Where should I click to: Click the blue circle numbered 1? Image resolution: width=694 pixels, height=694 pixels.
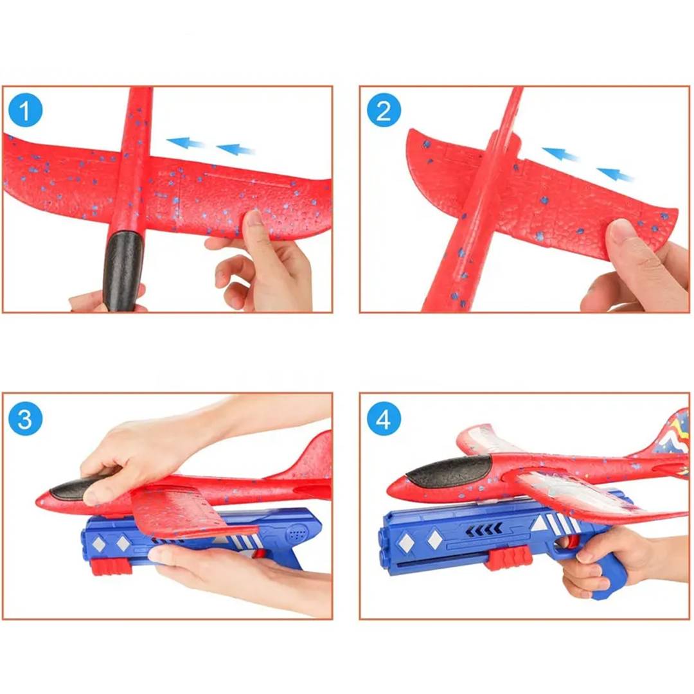coord(25,110)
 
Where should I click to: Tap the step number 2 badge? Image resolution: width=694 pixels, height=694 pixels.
coord(384,111)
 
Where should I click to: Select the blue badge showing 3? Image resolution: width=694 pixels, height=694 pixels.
coord(25,418)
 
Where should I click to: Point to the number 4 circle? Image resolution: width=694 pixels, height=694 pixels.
coord(384,418)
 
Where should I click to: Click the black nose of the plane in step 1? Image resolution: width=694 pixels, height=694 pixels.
coord(123,270)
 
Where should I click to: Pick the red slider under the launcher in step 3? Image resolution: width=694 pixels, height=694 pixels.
coord(112,567)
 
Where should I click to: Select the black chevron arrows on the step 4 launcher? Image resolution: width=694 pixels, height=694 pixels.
coord(485,528)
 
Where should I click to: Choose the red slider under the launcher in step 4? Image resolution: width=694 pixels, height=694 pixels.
coord(508,558)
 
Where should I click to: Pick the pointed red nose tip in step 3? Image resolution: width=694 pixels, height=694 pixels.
coord(39,501)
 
